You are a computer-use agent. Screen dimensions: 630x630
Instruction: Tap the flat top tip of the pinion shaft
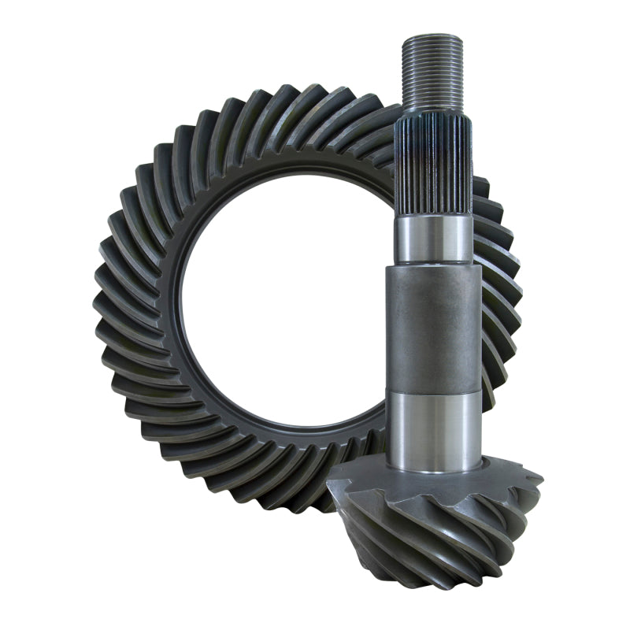coord(431,38)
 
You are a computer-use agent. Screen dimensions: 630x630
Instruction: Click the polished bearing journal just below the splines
coord(433,239)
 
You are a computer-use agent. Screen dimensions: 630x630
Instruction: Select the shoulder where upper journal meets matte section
coord(433,264)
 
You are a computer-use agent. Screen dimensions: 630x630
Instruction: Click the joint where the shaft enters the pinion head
coord(434,470)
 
